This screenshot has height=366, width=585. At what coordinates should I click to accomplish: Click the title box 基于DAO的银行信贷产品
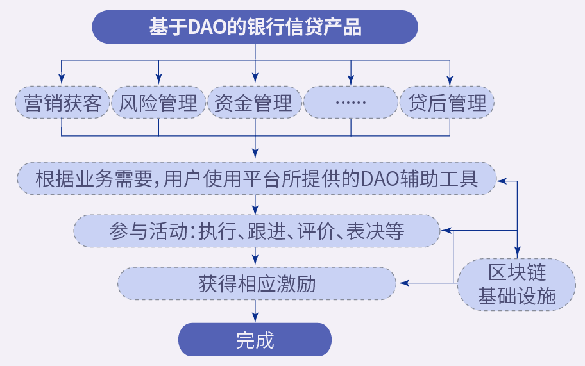[x=255, y=27]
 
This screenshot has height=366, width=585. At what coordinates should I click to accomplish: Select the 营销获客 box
[x=62, y=103]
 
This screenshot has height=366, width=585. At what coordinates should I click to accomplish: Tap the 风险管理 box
[x=158, y=103]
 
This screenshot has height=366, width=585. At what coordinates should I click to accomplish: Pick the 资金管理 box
[x=255, y=103]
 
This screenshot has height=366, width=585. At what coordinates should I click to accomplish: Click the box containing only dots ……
[x=351, y=103]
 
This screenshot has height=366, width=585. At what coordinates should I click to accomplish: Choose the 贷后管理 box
[x=447, y=103]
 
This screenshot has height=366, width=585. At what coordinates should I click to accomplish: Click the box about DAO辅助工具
[x=257, y=179]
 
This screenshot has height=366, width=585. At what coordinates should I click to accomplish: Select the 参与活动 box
[x=257, y=231]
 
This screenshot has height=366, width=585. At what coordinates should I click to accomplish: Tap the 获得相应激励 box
[x=257, y=283]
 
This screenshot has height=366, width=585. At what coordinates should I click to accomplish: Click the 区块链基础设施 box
[x=517, y=285]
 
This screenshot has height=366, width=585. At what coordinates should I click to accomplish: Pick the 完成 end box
[x=255, y=340]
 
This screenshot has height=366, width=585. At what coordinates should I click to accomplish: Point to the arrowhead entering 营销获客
[x=62, y=79]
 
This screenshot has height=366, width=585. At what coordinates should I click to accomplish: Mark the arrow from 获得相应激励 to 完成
[x=255, y=312]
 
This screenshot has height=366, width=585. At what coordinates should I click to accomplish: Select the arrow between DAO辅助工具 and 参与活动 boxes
[x=255, y=204]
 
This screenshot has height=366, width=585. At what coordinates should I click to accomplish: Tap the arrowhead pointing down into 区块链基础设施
[x=517, y=253]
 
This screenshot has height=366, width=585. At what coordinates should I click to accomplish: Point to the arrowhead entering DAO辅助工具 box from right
[x=502, y=181]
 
